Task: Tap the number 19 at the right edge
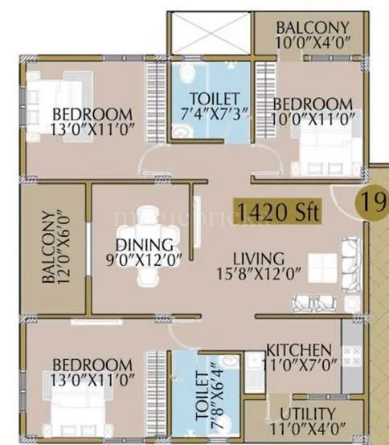tap(373, 202)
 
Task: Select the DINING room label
tap(144, 244)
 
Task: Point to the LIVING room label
tap(258, 259)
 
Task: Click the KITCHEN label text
tap(298, 350)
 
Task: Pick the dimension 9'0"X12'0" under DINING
tap(144, 259)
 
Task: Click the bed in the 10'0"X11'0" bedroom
tap(321, 144)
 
